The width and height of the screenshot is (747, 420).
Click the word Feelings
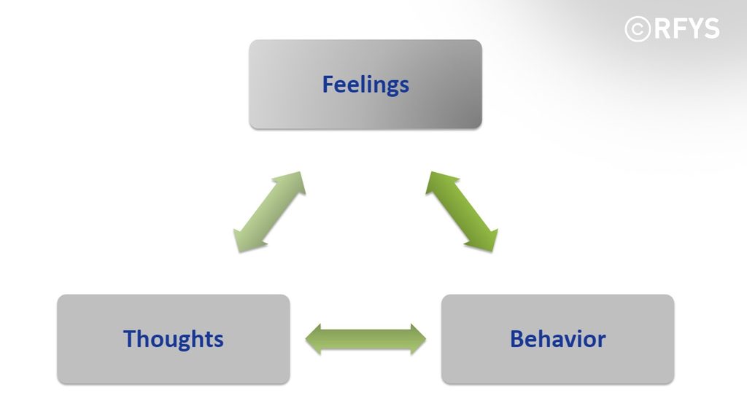click(x=365, y=85)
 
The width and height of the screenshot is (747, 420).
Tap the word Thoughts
click(x=174, y=339)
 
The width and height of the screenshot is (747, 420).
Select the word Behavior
click(x=558, y=339)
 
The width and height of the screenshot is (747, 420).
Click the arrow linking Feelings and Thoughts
click(x=270, y=212)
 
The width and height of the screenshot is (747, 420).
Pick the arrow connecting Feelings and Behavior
click(x=462, y=212)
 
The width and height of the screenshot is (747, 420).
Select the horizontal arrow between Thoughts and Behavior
click(x=365, y=340)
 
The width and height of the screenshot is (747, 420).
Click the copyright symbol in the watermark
click(x=638, y=29)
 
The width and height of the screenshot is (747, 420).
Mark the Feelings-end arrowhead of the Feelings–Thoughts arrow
click(x=293, y=182)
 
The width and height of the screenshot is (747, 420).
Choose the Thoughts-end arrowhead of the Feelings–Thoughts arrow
click(x=246, y=241)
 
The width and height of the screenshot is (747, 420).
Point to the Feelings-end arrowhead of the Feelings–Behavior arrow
click(x=438, y=182)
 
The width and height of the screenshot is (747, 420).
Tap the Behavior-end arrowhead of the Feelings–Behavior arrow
click(x=486, y=241)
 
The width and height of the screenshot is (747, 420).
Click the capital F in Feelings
click(x=328, y=84)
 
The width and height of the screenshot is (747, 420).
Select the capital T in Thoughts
click(x=131, y=338)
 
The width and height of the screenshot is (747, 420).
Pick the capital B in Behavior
click(x=516, y=338)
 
